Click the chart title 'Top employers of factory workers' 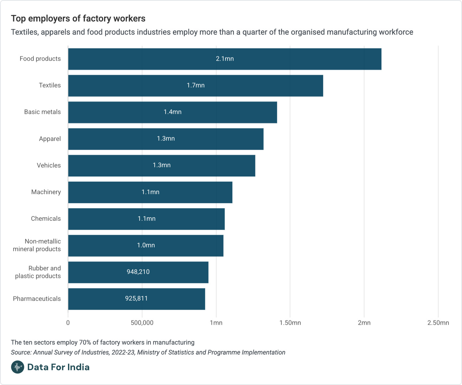click(78, 19)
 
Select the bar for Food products click(225, 59)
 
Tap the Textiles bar click(195, 86)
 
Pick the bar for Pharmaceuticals click(136, 299)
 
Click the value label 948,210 click(138, 272)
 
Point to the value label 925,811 click(136, 298)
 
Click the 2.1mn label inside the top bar click(225, 59)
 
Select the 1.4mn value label click(173, 112)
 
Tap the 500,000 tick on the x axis click(142, 323)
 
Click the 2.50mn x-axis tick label click(438, 323)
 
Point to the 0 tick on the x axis click(68, 323)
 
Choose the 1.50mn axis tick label click(290, 323)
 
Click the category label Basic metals click(42, 112)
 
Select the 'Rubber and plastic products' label click(38, 272)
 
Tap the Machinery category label click(46, 192)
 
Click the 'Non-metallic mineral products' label click(37, 245)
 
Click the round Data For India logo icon click(18, 367)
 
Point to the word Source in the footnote click(21, 352)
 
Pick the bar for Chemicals click(146, 219)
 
